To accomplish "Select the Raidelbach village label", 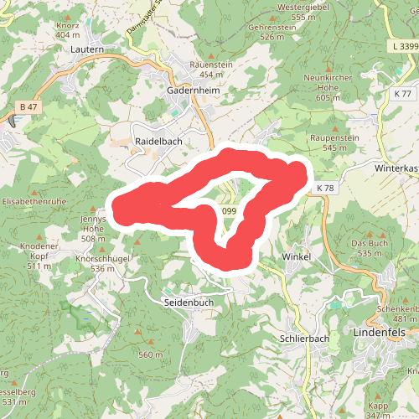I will pos(158,142).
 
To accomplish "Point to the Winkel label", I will pos(297,256).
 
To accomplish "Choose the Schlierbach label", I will pos(304,339).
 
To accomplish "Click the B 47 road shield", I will pos(28,107).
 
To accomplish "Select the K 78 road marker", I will pos(325,189).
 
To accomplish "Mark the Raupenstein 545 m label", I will pos(334,142).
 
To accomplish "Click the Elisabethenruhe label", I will pos(34,203).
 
